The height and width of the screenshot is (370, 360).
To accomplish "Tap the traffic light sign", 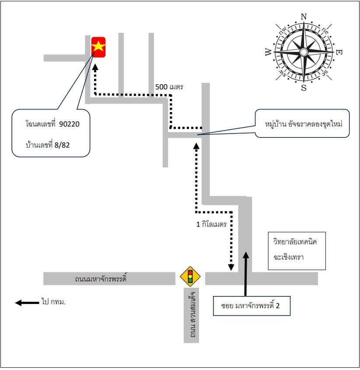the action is click(x=190, y=277).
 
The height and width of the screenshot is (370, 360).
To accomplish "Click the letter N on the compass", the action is click(x=304, y=17).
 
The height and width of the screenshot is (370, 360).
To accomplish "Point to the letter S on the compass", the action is click(x=304, y=88).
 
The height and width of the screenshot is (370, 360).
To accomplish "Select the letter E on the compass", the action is click(x=339, y=52).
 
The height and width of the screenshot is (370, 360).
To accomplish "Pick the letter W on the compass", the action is click(x=269, y=52).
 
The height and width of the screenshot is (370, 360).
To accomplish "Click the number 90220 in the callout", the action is click(x=69, y=124).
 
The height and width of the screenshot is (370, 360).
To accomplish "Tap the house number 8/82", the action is click(x=62, y=145).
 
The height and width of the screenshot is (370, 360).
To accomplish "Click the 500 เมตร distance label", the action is click(x=169, y=87).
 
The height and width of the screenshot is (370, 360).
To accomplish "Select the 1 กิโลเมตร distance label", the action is click(x=211, y=224).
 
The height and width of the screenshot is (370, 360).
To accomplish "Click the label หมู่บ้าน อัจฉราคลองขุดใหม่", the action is click(x=303, y=124).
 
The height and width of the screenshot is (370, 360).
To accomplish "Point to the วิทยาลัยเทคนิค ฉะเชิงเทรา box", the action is click(x=297, y=251).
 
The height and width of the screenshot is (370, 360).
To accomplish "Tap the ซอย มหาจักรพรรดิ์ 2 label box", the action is click(x=252, y=306).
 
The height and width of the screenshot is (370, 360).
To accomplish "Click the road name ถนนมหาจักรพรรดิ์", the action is click(x=101, y=278).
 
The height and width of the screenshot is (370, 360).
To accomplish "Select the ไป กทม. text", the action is click(x=53, y=302).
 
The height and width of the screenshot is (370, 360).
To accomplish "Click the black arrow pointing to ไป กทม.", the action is click(x=27, y=303).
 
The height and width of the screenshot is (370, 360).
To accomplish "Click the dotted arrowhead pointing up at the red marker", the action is click(x=95, y=67).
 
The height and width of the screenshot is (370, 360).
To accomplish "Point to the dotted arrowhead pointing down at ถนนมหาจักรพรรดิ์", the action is click(x=231, y=267).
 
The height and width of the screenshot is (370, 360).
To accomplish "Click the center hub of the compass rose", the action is click(x=304, y=52).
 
